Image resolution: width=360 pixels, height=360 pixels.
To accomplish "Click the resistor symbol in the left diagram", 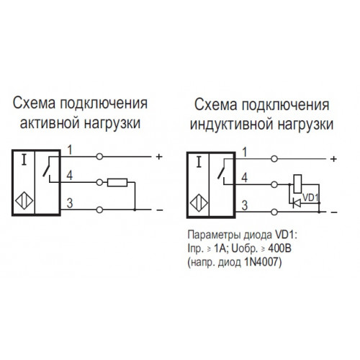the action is click(x=117, y=183).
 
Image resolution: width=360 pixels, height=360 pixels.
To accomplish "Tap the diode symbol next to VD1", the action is click(x=297, y=204).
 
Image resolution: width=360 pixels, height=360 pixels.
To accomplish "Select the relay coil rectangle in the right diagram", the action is click(x=297, y=184).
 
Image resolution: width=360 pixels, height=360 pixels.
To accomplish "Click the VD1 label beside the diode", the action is click(x=310, y=197).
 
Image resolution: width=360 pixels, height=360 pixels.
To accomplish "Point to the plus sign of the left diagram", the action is click(x=159, y=157).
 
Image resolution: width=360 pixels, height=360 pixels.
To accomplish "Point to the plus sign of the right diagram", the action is click(x=333, y=159).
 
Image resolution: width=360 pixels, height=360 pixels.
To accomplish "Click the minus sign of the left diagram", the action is click(x=160, y=210).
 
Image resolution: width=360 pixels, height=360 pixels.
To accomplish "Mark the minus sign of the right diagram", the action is click(x=334, y=212).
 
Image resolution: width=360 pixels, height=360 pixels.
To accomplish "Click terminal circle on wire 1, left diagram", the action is click(x=99, y=157).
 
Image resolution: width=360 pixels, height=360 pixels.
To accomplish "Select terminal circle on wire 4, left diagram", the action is click(x=99, y=183).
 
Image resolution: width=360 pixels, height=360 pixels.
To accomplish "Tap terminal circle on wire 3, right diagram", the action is click(x=274, y=212).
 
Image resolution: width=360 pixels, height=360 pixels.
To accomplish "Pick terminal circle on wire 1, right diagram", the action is click(x=274, y=158).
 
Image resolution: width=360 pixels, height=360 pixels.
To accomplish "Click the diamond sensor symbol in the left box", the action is click(x=24, y=200).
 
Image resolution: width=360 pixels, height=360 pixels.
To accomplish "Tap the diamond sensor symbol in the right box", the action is click(x=199, y=203).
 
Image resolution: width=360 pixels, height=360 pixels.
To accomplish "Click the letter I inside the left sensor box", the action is click(x=24, y=160).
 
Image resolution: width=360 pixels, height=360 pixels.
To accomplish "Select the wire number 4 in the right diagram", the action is click(x=244, y=178).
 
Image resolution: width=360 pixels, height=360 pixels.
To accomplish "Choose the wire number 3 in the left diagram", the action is click(x=70, y=204).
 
